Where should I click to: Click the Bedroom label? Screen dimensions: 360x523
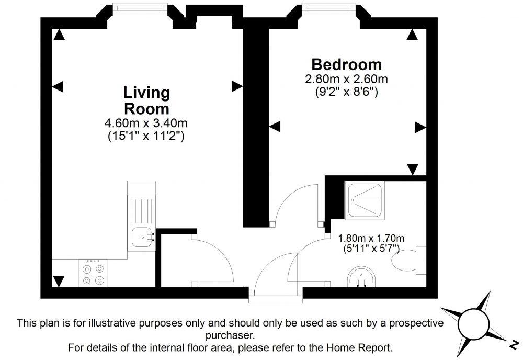(x=346, y=65)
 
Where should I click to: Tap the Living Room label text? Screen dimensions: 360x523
(x=146, y=101)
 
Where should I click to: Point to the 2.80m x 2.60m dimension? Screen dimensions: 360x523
(x=346, y=80)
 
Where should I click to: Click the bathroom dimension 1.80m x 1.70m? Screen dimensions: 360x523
(x=371, y=239)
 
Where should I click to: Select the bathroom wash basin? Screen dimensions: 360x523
(x=361, y=276)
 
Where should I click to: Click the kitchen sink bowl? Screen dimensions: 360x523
(x=141, y=238)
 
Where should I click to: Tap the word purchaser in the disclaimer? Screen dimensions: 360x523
(x=231, y=334)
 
